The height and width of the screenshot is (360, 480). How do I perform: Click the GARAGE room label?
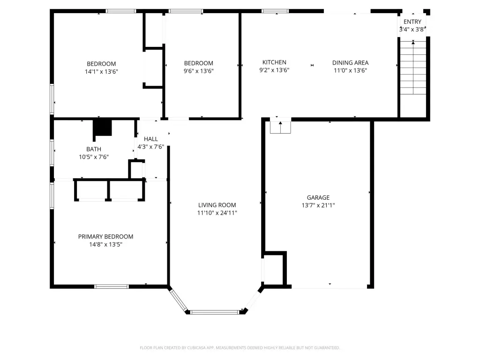[318, 198]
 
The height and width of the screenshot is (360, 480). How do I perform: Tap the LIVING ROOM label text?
[217, 205]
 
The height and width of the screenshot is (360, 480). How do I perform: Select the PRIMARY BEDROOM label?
[105, 237]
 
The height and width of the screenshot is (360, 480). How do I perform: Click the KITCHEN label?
[274, 62]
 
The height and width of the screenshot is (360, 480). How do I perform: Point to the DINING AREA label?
[351, 63]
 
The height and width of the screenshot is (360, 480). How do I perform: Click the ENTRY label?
[412, 22]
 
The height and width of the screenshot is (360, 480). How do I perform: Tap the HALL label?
[151, 139]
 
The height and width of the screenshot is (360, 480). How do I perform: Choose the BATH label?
[94, 149]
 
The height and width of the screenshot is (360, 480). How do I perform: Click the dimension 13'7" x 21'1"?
[318, 205]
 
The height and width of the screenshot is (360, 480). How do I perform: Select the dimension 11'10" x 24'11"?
[217, 213]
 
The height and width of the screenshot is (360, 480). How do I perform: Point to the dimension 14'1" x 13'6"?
[101, 72]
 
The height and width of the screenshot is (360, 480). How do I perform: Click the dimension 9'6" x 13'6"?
[199, 71]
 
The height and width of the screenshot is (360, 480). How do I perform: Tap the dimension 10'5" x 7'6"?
[94, 157]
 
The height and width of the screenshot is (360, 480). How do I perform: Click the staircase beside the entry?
[413, 67]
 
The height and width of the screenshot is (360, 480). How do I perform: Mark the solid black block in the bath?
[103, 127]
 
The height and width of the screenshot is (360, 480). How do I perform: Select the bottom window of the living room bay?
[214, 312]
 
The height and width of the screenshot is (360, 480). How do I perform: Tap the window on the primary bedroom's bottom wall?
[112, 286]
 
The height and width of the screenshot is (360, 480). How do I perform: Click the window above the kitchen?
[275, 11]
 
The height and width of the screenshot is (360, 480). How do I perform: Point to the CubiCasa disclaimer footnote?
[240, 348]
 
